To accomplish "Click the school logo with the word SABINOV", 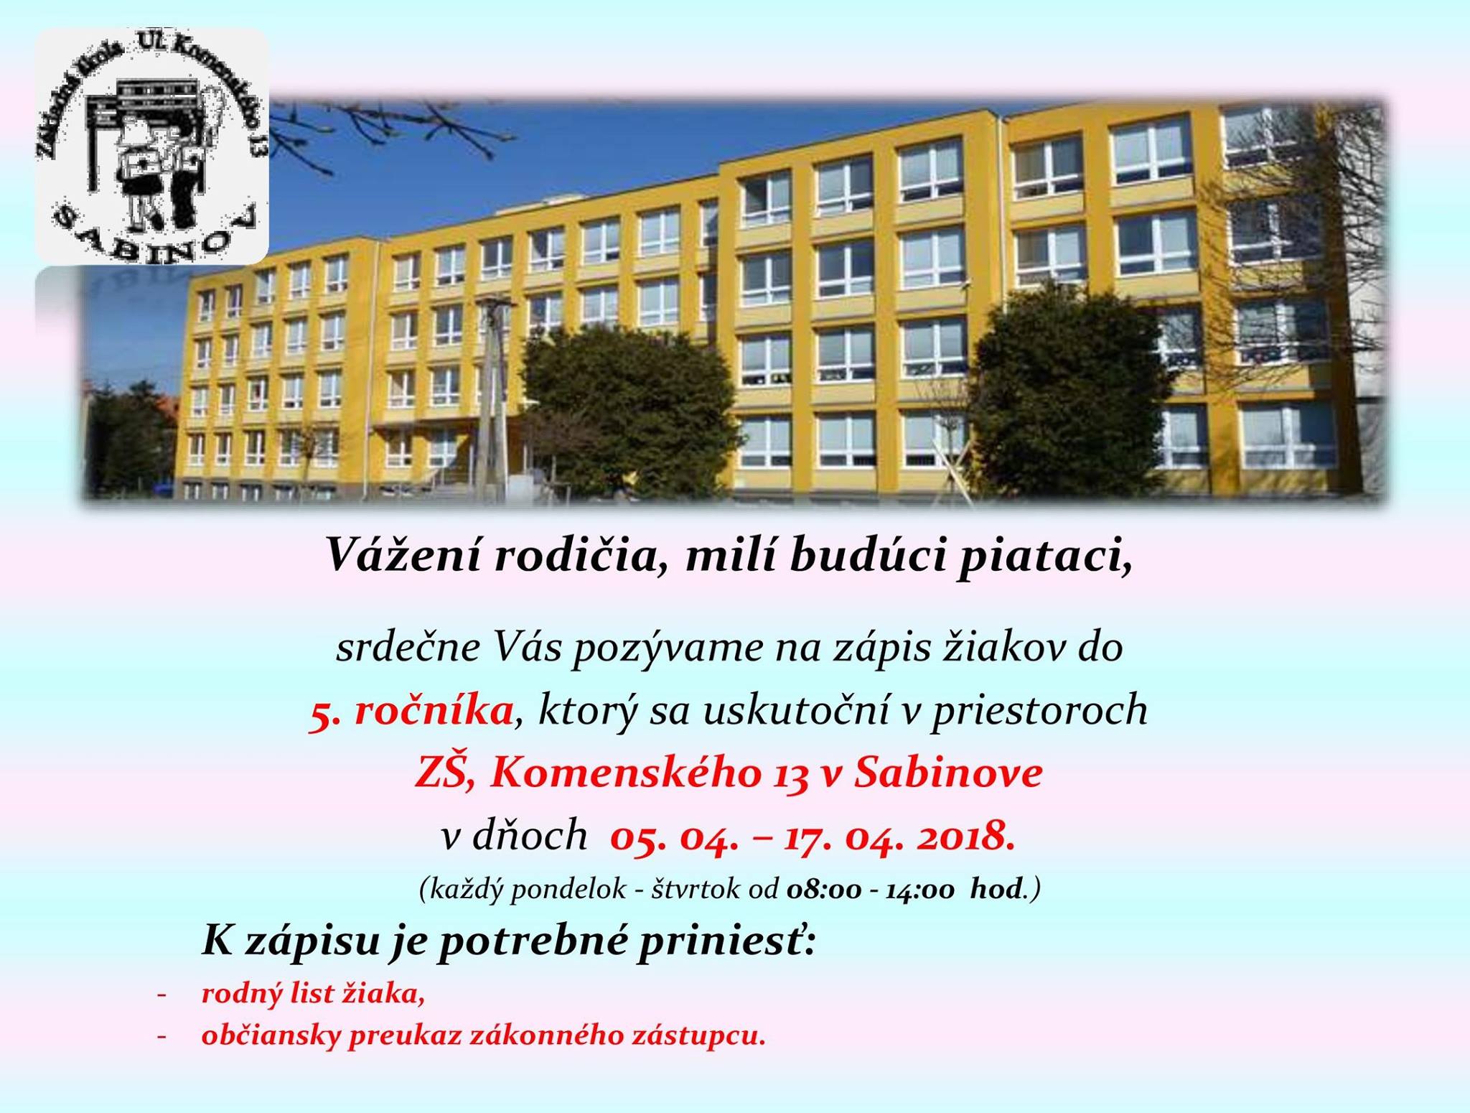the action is tap(151, 146).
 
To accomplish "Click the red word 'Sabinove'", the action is tap(948, 774).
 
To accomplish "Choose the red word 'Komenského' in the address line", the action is tap(625, 774).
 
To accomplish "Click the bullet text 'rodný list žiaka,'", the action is tap(314, 995).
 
